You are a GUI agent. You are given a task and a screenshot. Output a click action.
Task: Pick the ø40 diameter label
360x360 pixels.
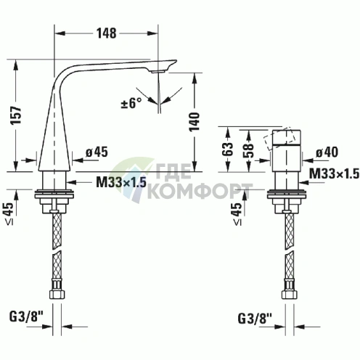tap(328, 152)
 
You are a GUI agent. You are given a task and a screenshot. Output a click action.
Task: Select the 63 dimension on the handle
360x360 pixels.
tap(228, 149)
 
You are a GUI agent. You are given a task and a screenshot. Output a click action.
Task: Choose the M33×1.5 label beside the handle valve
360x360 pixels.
tap(333, 173)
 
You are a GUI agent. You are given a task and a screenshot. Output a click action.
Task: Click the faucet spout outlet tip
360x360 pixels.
tap(161, 71)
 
